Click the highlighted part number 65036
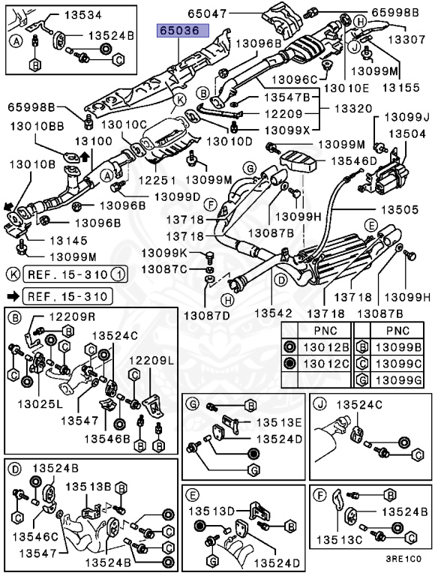coord(178,31)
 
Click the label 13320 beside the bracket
coord(353,108)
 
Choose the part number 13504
coord(405,133)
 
